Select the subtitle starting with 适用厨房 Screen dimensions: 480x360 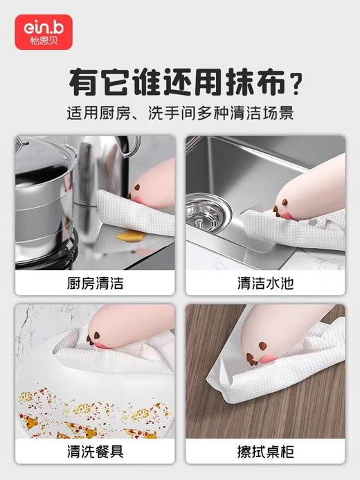(x=180, y=113)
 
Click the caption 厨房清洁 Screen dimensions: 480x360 (x=96, y=283)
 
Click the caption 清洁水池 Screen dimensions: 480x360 (x=265, y=283)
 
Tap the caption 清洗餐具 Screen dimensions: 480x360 (x=96, y=452)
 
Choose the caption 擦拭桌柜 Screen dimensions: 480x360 (x=265, y=452)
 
